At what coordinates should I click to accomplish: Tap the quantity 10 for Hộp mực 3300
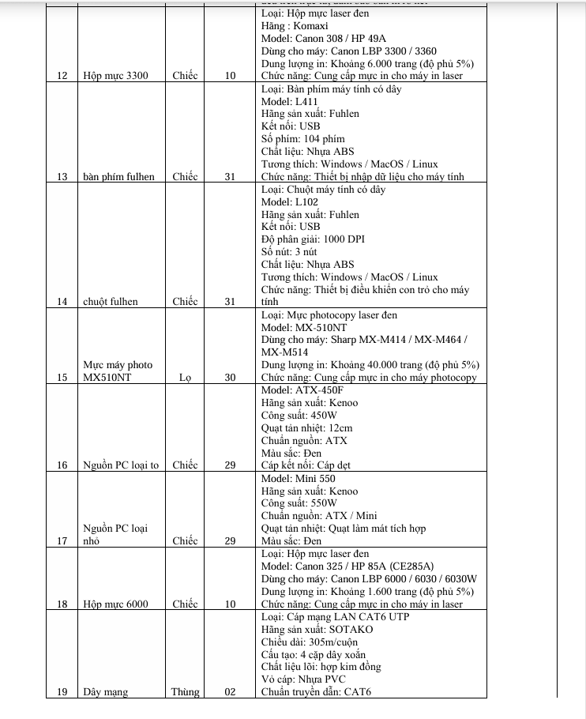(x=230, y=76)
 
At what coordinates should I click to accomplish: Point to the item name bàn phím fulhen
(x=118, y=176)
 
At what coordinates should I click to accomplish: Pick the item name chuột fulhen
(x=110, y=302)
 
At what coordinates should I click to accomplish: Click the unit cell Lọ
(x=185, y=378)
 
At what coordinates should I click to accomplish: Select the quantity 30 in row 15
(x=230, y=378)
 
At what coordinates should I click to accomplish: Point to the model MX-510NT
(x=321, y=327)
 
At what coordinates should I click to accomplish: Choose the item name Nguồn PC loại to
(x=121, y=465)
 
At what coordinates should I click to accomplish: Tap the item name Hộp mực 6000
(x=115, y=604)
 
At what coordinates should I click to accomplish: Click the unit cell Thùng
(x=185, y=693)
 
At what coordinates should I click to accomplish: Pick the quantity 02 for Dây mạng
(x=230, y=693)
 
